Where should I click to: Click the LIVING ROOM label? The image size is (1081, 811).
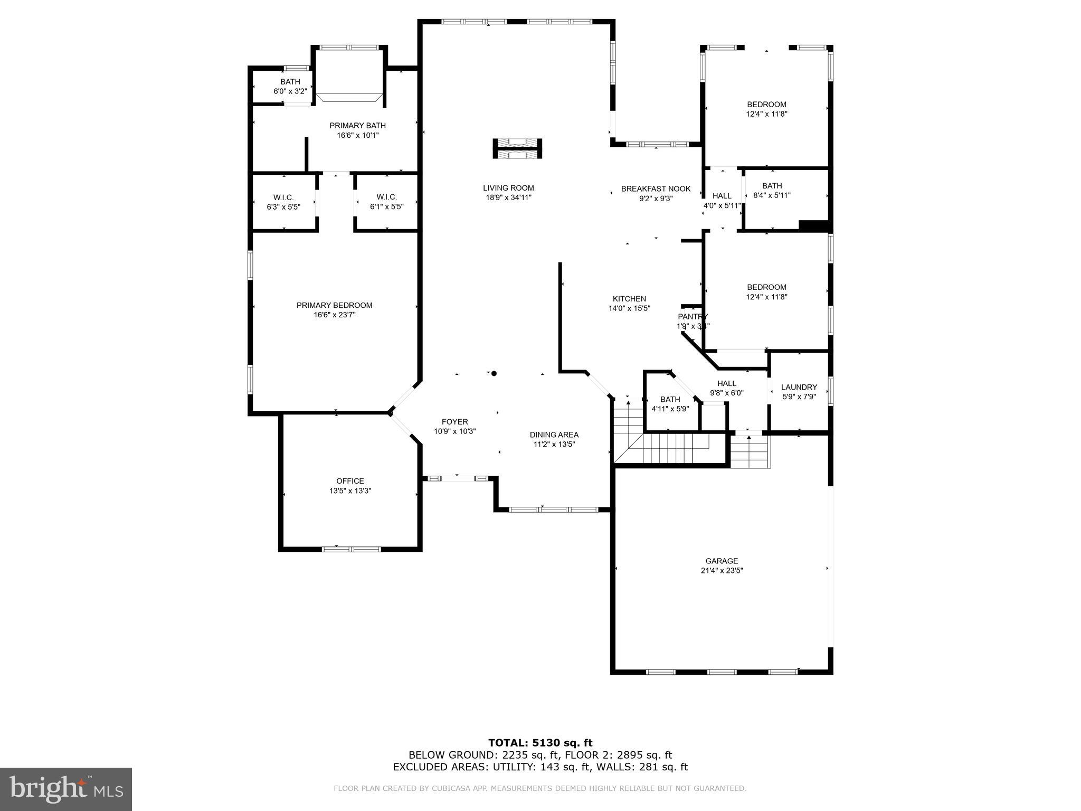point(508,188)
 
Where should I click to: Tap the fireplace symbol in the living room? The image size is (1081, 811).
point(517,148)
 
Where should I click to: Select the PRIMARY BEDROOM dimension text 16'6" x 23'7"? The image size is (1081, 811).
point(334,315)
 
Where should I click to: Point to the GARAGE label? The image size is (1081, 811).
point(722,561)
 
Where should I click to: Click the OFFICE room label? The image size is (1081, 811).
point(350,481)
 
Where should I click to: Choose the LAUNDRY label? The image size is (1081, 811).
point(799,387)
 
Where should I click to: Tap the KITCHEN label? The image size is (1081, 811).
point(629,299)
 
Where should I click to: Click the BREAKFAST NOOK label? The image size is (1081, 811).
point(656,188)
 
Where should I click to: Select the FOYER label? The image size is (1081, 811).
point(454,422)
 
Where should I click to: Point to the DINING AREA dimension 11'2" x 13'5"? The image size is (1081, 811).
point(554,445)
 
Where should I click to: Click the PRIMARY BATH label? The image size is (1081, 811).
point(357,126)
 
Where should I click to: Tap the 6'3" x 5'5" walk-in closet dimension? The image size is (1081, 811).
point(283,207)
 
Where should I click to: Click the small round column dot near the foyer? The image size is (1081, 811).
point(494,373)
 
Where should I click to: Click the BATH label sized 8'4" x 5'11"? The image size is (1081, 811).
point(772,186)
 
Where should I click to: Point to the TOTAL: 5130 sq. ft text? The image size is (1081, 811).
point(540,743)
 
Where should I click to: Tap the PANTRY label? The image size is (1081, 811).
point(692,317)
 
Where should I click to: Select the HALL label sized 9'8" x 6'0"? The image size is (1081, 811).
point(726,383)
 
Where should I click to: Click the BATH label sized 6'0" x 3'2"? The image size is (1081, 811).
point(290,82)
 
